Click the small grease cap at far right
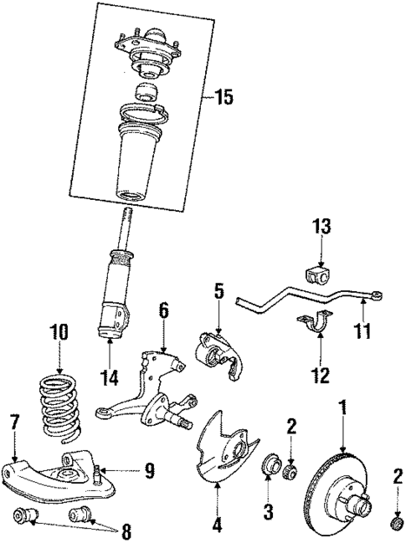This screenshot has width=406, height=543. tap(394, 525)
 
